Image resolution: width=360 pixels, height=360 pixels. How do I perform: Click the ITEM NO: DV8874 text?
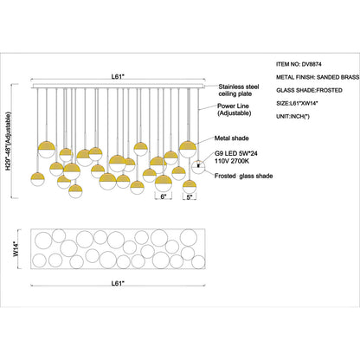pos(299,64)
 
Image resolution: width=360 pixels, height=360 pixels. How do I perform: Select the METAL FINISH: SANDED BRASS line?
pos(318,77)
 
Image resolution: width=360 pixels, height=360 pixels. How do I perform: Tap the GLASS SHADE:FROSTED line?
pos(309,90)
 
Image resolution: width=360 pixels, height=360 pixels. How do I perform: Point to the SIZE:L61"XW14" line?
pos(297,103)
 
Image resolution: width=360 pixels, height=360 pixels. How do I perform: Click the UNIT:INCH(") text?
pos(292,117)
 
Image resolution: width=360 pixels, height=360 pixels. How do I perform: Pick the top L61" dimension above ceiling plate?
pos(118,76)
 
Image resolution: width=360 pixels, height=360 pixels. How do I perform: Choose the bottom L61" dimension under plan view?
pos(118,283)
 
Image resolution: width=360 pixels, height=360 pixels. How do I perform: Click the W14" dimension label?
pos(16,248)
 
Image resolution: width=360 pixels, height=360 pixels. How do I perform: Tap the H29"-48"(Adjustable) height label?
pos(10,141)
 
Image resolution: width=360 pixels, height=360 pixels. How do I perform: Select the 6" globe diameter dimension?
pos(163,196)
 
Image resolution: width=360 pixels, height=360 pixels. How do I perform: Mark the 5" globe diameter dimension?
pos(190,196)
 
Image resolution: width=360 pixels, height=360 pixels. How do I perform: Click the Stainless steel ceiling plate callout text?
pos(239,90)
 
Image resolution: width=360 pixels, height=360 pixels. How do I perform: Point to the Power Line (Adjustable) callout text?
pos(235,110)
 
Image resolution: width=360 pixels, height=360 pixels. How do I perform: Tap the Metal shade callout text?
pos(232,138)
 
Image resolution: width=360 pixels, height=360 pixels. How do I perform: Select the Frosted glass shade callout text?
pos(244,176)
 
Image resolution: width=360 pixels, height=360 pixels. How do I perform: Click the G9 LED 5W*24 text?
pos(236,154)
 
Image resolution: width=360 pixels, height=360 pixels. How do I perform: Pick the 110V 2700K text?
pos(232,161)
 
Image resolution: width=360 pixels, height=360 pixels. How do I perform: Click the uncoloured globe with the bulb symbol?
pos(198,167)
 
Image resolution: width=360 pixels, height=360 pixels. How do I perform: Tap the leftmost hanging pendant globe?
pos(37,179)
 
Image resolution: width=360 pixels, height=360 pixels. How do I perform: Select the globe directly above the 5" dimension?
pos(190,187)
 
